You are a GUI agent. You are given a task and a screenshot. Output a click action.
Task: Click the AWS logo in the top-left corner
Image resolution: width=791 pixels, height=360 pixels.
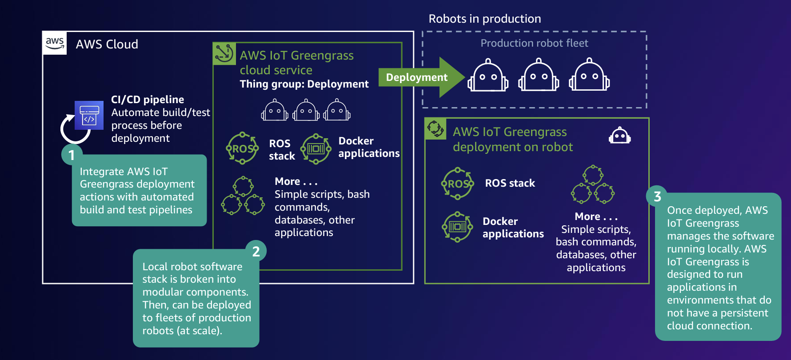click(55, 43)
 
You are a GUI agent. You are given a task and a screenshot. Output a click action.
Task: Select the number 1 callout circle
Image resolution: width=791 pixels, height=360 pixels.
click(72, 155)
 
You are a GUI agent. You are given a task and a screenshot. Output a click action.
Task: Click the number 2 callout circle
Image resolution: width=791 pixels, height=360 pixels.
click(256, 251)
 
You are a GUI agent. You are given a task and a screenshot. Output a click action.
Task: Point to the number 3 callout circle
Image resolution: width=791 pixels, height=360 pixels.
click(657, 196)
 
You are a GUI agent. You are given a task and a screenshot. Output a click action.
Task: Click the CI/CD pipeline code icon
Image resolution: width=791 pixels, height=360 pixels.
click(89, 115)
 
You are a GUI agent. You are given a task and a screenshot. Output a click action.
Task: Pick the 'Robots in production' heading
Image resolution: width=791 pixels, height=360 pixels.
click(484, 19)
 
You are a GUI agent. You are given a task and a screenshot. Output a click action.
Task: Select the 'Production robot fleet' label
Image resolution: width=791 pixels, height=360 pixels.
click(534, 43)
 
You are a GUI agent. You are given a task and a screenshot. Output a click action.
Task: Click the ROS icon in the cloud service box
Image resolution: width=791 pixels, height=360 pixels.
click(243, 148)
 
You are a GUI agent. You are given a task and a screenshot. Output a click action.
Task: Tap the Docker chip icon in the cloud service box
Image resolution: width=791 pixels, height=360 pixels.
click(316, 149)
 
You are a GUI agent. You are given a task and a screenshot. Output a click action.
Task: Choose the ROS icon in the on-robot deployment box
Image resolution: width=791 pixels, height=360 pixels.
click(458, 183)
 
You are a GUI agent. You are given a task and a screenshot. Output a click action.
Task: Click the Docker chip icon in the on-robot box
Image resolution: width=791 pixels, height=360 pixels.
click(458, 227)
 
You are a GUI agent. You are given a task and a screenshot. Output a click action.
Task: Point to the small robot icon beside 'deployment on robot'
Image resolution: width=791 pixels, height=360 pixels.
click(619, 136)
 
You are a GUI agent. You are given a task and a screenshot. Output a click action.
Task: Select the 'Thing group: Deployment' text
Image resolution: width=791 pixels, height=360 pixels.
click(304, 84)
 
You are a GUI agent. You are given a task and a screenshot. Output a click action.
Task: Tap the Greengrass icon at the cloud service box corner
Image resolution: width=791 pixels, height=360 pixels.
click(224, 53)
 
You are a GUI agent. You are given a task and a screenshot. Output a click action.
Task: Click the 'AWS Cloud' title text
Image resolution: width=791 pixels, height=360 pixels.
click(107, 44)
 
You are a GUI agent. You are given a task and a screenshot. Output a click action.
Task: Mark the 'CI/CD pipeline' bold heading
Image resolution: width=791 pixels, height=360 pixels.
click(148, 100)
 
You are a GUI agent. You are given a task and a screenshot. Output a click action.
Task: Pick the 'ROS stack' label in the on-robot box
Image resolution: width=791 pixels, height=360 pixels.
click(510, 183)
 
